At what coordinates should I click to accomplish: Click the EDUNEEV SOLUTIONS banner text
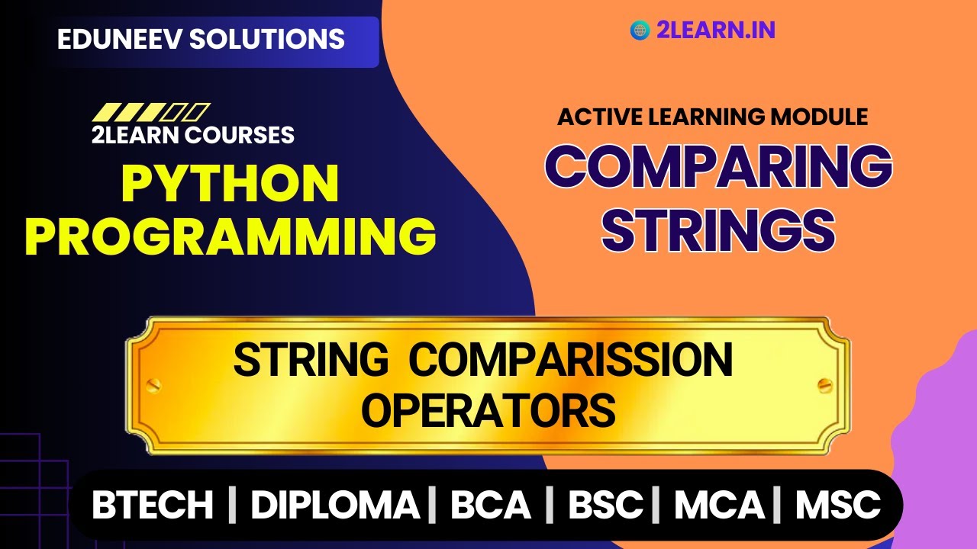pos(201,39)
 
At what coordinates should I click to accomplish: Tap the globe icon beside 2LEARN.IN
pos(640,30)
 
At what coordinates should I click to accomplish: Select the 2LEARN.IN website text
pos(716,30)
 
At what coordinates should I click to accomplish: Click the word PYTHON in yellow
pos(231,184)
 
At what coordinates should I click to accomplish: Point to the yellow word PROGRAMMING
pos(231,236)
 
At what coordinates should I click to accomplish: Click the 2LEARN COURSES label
pos(193,135)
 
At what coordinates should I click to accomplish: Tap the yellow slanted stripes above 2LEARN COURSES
pos(151,113)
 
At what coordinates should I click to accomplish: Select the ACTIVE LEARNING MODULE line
pos(713,117)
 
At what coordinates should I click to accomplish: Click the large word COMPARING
pos(718,167)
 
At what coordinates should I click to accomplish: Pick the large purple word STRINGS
pos(718,228)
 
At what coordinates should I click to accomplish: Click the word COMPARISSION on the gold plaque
pos(570,360)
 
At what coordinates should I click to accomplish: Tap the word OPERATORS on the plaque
pos(488,410)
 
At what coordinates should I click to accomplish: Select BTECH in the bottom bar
pos(153,505)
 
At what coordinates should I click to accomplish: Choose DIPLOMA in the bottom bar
pos(335,505)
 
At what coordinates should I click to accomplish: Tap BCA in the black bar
pos(490,505)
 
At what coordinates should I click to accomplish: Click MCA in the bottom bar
pos(720,505)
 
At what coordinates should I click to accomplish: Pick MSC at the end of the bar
pos(838,505)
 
